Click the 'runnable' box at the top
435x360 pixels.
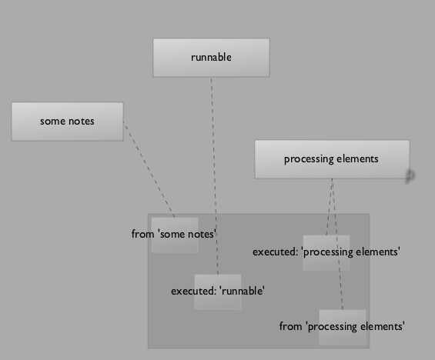click(211, 58)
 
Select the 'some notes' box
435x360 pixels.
click(68, 122)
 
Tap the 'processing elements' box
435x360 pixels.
click(332, 159)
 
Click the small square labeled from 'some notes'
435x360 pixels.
click(175, 235)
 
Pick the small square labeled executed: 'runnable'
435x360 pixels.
click(218, 292)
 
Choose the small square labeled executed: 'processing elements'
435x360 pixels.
click(326, 252)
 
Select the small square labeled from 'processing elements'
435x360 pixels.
click(343, 327)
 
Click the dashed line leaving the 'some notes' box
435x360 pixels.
click(149, 169)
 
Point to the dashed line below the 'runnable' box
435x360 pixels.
click(215, 176)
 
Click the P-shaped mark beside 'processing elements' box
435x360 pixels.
click(410, 176)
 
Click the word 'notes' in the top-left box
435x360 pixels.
click(82, 122)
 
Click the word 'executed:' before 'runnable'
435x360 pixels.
click(193, 291)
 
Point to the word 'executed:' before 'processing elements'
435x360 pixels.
click(275, 252)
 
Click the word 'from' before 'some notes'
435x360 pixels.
click(142, 234)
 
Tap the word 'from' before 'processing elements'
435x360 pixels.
click(290, 326)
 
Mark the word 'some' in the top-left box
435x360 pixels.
click(52, 122)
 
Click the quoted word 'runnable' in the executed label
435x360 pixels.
click(242, 291)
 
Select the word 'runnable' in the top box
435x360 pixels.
click(211, 58)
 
